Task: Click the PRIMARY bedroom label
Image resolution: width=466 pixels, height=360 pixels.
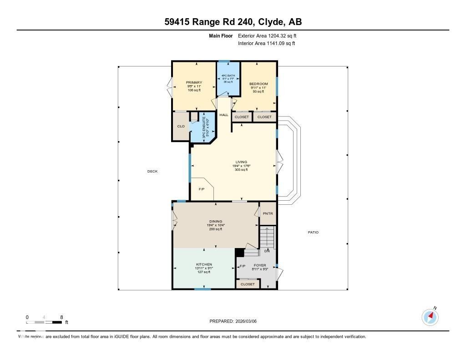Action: tap(193, 83)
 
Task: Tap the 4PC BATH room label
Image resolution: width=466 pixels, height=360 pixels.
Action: tap(228, 76)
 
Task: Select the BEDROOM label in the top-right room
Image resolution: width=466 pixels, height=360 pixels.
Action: tap(258, 84)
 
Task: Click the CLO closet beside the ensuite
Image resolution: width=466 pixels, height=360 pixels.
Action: tap(181, 126)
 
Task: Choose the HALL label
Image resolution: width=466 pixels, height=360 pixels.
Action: tap(224, 115)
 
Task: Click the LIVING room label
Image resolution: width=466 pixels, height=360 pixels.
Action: tap(241, 162)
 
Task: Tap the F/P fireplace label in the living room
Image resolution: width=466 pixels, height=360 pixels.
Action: tap(202, 189)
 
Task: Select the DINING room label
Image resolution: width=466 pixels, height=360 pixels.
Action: tap(216, 222)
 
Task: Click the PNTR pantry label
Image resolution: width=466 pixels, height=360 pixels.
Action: tap(268, 214)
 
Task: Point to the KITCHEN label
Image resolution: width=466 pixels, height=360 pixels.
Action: tap(204, 264)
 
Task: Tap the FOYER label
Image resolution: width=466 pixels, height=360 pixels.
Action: tap(260, 265)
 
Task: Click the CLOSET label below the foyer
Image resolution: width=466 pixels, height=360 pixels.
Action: tap(248, 284)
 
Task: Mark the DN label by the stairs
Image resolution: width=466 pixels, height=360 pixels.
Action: tap(267, 251)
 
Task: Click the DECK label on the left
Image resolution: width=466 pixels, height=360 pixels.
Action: tap(152, 172)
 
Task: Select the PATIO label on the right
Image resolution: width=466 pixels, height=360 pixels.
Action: tap(313, 233)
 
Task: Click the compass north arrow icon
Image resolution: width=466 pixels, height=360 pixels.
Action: tap(430, 317)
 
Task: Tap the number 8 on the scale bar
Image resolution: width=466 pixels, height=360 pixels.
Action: tap(61, 317)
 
